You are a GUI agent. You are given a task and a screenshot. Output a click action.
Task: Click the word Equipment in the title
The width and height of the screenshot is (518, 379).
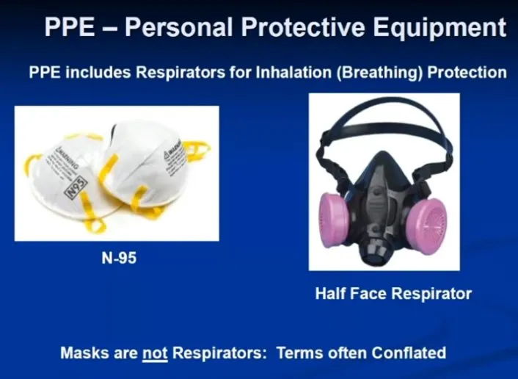439,28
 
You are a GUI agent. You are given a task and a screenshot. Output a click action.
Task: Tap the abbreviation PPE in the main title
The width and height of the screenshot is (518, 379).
70,26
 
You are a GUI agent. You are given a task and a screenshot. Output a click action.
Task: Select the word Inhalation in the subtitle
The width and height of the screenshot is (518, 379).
293,72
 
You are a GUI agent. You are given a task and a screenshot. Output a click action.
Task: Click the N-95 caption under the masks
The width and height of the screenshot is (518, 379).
119,258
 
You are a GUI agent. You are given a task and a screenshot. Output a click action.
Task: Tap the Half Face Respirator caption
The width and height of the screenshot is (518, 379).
393,293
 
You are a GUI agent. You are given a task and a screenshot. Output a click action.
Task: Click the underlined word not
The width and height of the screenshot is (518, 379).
155,353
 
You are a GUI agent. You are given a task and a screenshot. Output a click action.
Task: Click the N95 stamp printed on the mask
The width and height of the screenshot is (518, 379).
76,187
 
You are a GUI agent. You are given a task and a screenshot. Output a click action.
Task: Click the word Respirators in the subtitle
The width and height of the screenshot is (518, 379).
180,72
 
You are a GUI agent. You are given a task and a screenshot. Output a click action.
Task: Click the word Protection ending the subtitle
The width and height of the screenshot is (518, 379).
467,72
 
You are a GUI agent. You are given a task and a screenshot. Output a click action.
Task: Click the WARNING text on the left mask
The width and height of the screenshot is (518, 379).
67,157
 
